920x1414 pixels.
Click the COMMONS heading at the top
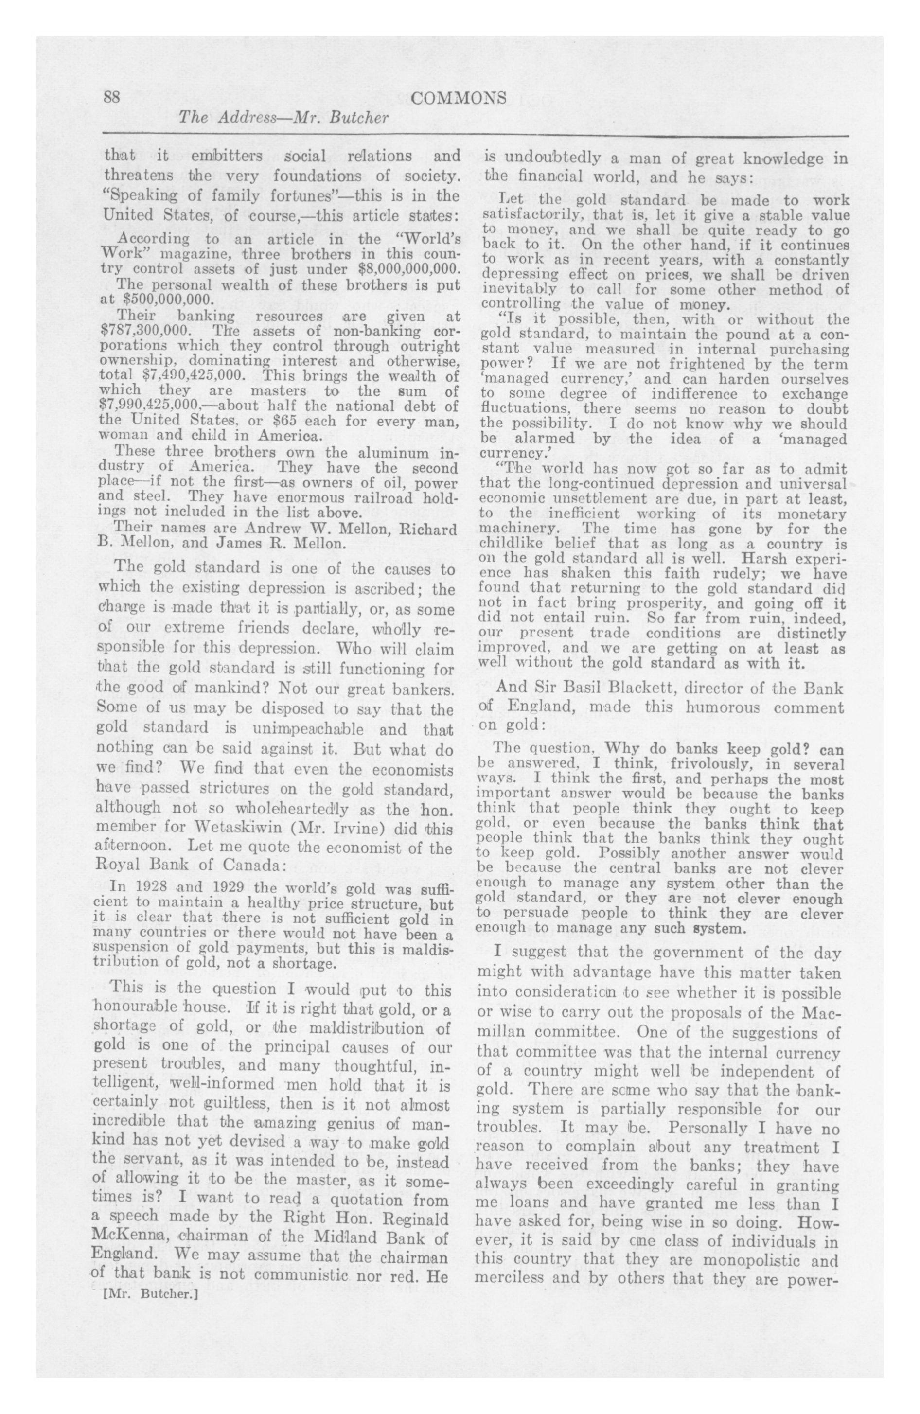[459, 98]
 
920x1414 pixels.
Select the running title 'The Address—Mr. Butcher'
[283, 118]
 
